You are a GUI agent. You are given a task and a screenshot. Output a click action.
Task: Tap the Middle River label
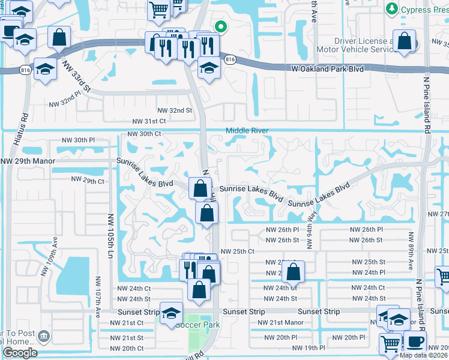pyautogui.click(x=246, y=131)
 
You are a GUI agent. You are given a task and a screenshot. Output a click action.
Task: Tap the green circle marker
pyautogui.click(x=221, y=26)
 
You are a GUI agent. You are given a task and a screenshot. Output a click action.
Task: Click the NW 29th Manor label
pyautogui.click(x=28, y=161)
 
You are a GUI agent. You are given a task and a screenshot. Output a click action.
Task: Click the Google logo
pyautogui.click(x=20, y=353)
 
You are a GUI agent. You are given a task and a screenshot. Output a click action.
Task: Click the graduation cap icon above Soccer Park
pyautogui.click(x=171, y=313)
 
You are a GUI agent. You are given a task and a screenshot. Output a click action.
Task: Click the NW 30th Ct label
pyautogui.click(x=145, y=134)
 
